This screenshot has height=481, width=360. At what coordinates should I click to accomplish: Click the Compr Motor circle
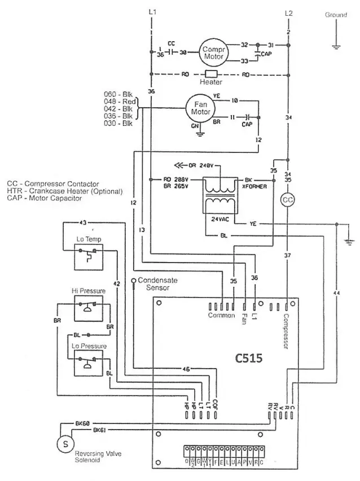(x=214, y=53)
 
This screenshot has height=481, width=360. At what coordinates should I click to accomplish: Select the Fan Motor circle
(x=201, y=108)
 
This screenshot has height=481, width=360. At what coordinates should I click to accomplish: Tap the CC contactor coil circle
(x=288, y=200)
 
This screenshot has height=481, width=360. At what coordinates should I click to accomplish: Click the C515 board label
(x=248, y=358)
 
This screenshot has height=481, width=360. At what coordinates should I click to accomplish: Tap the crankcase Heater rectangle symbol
(x=212, y=74)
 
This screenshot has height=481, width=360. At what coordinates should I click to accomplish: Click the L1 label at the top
(x=152, y=12)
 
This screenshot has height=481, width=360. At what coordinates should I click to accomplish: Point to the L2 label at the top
(x=289, y=12)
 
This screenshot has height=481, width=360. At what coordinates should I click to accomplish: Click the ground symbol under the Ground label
(x=336, y=45)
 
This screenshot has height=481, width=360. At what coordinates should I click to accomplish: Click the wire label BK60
(x=82, y=422)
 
